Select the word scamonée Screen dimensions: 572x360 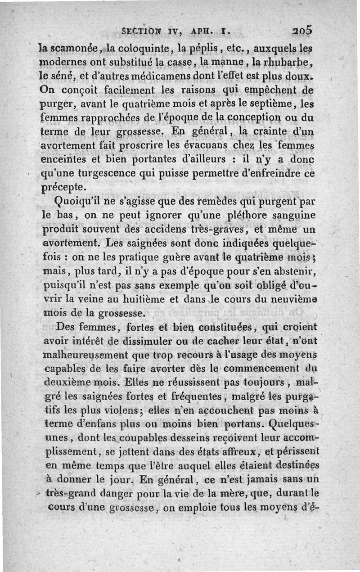click(73, 46)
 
